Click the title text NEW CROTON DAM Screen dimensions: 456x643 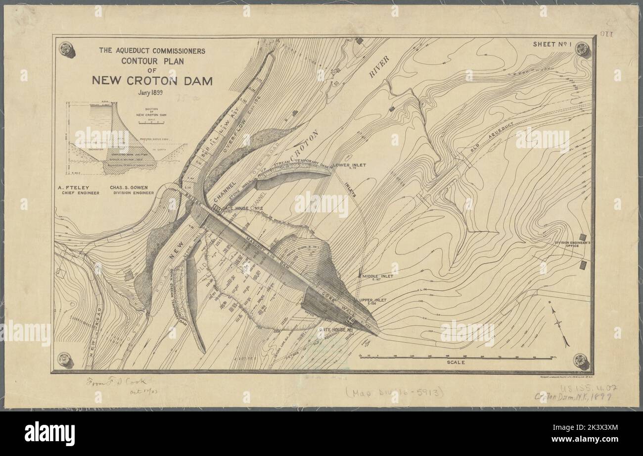point(152,81)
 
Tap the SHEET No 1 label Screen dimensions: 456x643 point(552,45)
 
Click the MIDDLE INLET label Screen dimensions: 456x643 point(378,276)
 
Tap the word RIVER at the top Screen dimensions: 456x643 point(379,66)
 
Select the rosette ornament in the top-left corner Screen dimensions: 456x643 point(65,49)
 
